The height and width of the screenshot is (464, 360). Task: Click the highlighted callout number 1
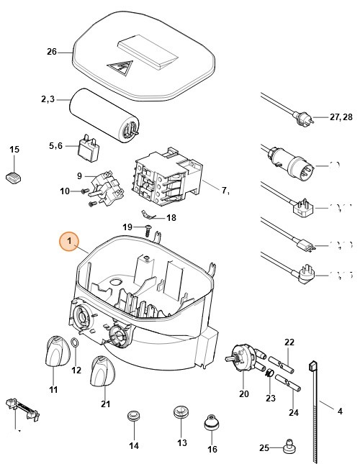pos(69,242)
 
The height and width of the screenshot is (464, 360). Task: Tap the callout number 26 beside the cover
pos(50,52)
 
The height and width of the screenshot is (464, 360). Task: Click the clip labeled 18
pos(150,214)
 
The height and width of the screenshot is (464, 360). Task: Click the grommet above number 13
pos(180,414)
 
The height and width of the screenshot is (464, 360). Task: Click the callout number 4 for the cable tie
pos(340,411)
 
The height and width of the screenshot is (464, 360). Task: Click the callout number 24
pos(293,412)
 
